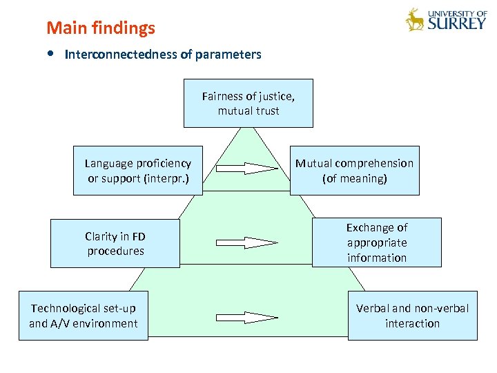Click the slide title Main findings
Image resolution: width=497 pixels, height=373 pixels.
[101, 28]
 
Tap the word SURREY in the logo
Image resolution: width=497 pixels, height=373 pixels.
[457, 23]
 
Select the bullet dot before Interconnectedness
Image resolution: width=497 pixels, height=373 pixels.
[52, 54]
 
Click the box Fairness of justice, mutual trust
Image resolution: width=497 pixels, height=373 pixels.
[248, 103]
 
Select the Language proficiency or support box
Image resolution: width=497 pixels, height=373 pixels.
[137, 171]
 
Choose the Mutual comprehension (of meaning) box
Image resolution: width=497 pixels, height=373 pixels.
[354, 171]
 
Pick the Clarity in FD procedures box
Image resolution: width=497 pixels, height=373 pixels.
[115, 243]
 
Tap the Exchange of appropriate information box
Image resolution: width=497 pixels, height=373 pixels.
[376, 242]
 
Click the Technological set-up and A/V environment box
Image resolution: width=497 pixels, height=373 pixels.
[83, 316]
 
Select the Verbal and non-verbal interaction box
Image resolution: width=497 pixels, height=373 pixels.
[412, 316]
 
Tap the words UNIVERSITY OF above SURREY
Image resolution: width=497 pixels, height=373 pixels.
[457, 12]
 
